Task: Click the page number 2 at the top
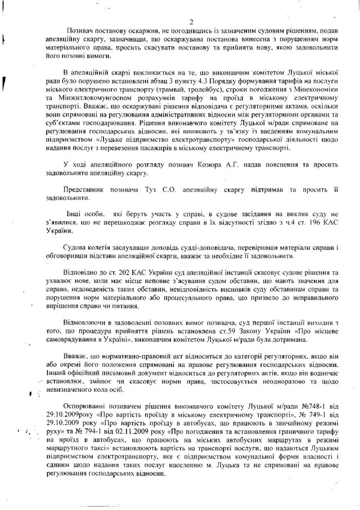[191, 23]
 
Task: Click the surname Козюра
[201, 179]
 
